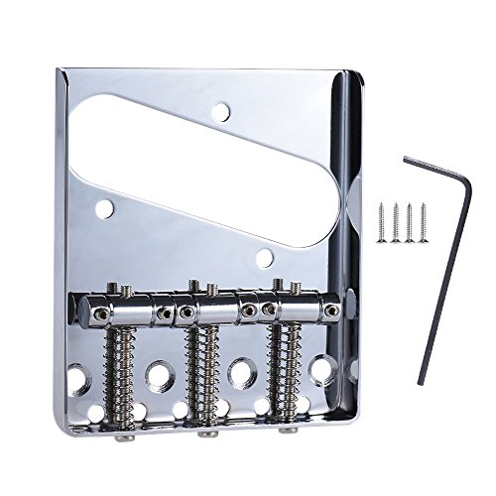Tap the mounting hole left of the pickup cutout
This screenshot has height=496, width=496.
pos(104,208)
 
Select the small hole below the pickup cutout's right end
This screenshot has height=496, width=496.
pos(264,259)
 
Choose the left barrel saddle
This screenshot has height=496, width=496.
pos(124,314)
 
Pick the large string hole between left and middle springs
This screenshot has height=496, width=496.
pos(160,374)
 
